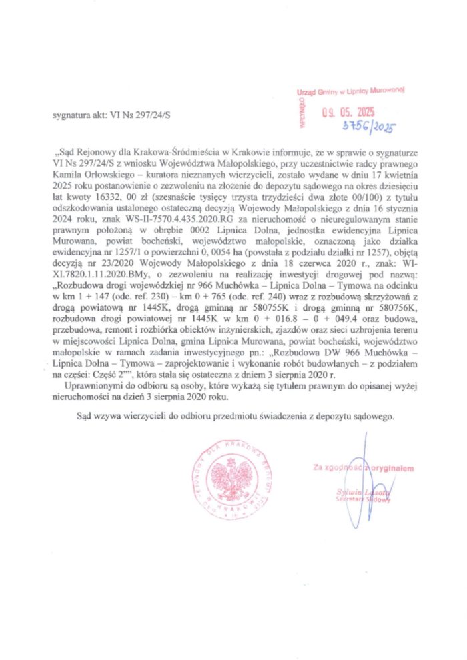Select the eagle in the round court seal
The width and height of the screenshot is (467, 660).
tap(228, 481)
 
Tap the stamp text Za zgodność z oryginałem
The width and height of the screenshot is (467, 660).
tap(364, 467)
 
